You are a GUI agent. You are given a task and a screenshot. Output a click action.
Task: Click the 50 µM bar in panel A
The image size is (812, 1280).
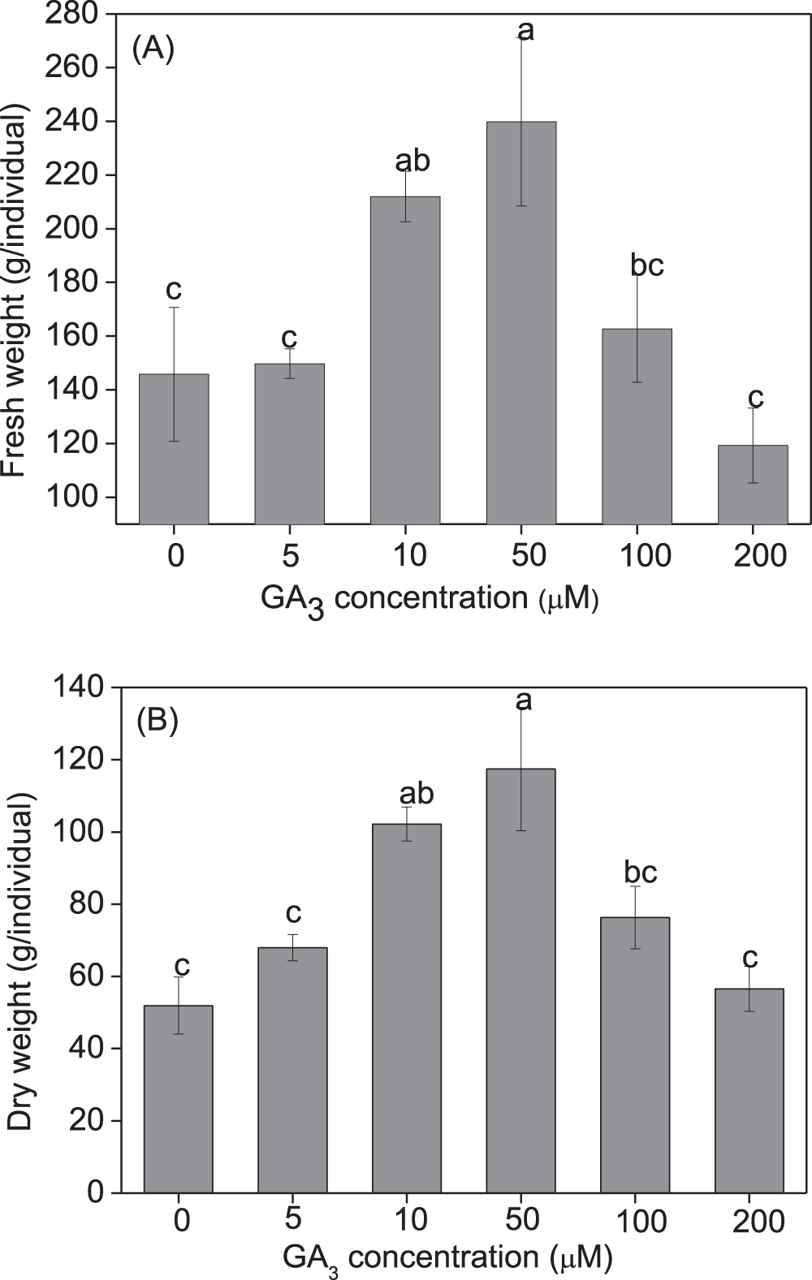pyautogui.click(x=520, y=325)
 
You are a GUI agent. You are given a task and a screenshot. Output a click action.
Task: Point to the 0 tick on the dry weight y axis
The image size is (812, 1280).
pyautogui.click(x=96, y=1192)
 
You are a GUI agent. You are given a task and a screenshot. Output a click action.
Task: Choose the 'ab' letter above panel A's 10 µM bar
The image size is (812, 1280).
pyautogui.click(x=412, y=161)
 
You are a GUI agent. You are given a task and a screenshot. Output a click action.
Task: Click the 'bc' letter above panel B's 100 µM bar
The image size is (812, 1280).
pyautogui.click(x=641, y=872)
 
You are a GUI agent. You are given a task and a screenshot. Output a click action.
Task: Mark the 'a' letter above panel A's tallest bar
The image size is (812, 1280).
pyautogui.click(x=525, y=31)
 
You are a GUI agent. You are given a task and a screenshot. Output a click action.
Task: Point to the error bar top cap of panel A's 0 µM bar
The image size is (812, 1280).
pyautogui.click(x=174, y=308)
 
